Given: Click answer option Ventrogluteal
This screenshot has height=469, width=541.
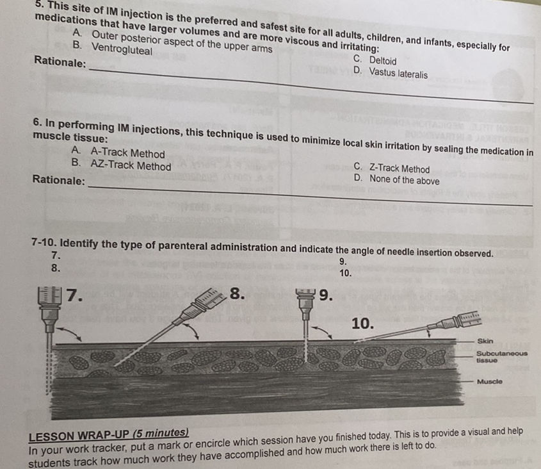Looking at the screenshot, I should pos(122,48).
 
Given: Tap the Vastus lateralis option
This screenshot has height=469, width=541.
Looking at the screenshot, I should pos(398,74).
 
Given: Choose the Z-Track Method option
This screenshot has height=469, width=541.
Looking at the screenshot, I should pos(400,169).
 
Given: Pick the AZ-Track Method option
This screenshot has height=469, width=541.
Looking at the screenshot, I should pos(131,166).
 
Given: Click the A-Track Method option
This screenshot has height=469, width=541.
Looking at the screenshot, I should pos(127,153).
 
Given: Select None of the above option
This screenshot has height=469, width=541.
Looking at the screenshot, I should pos(404,180).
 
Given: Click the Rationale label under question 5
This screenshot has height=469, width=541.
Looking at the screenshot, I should pos(60,62).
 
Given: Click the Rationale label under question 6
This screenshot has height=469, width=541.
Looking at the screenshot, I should pos(58,181).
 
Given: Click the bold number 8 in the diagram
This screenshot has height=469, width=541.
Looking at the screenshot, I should pos(238,295).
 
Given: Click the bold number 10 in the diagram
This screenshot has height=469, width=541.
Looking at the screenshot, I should pos(362,323).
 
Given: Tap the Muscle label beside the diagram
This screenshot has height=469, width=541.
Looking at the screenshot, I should pos(489,382).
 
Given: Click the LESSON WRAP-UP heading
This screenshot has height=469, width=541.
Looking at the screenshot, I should pos(109,434).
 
